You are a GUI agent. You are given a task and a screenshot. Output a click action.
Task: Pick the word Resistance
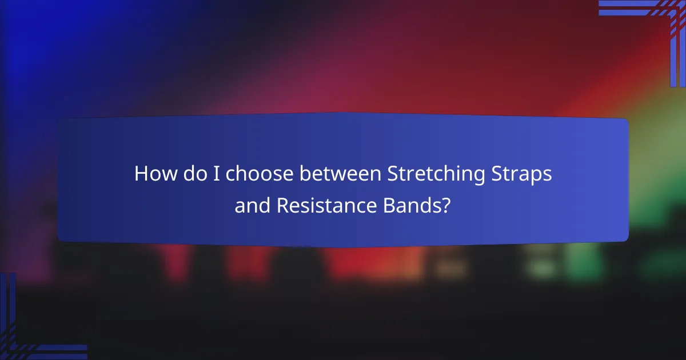pos(323,206)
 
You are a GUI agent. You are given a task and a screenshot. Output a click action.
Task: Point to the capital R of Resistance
pos(282,206)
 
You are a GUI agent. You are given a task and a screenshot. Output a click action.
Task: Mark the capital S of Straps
pos(497,174)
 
